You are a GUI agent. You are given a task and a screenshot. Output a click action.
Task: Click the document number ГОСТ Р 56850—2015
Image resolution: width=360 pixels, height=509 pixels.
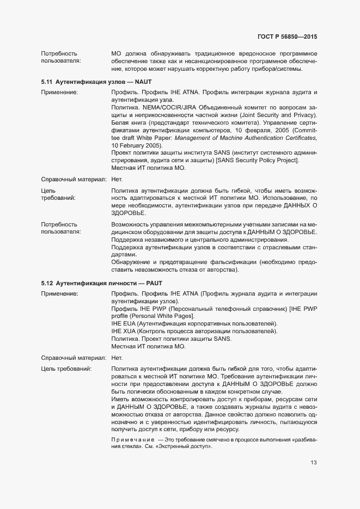(x=286, y=36)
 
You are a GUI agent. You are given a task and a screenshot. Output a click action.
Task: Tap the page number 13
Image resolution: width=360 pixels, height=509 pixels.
(x=314, y=463)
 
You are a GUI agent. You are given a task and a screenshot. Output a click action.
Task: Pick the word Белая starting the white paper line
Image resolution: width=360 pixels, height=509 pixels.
(x=120, y=124)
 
